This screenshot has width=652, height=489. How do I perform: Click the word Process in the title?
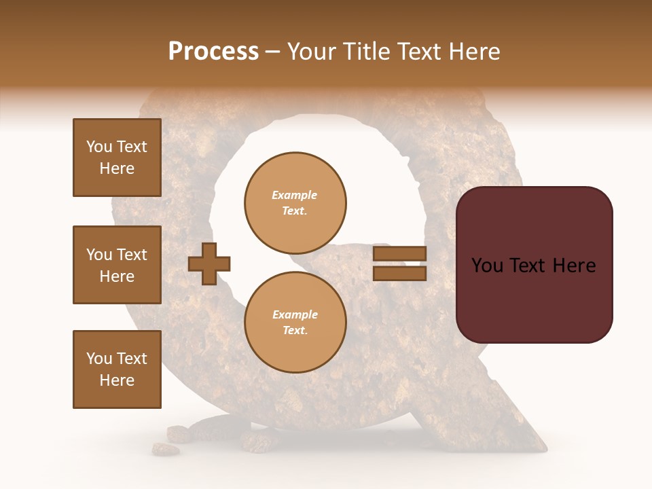pyautogui.click(x=213, y=52)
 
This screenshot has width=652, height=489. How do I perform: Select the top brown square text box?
pyautogui.click(x=117, y=158)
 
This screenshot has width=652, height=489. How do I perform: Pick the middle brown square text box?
pyautogui.click(x=117, y=265)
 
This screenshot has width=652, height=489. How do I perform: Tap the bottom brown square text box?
pyautogui.click(x=117, y=369)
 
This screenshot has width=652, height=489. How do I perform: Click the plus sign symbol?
pyautogui.click(x=209, y=264)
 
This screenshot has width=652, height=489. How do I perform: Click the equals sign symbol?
pyautogui.click(x=400, y=264)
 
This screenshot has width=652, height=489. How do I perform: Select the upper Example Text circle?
pyautogui.click(x=295, y=203)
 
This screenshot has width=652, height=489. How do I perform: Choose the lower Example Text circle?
pyautogui.click(x=295, y=323)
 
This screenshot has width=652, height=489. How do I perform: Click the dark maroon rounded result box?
pyautogui.click(x=535, y=264)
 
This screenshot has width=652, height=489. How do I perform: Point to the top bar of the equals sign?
pyautogui.click(x=400, y=254)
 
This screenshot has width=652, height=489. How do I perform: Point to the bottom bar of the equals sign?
pyautogui.click(x=400, y=273)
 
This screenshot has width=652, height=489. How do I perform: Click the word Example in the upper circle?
pyautogui.click(x=295, y=195)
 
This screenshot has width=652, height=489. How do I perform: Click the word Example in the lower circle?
pyautogui.click(x=295, y=314)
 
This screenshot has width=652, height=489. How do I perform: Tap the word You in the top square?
pyautogui.click(x=99, y=147)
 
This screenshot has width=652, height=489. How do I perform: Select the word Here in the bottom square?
pyautogui.click(x=117, y=380)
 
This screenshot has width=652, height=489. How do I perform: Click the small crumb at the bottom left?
pyautogui.click(x=166, y=449)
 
